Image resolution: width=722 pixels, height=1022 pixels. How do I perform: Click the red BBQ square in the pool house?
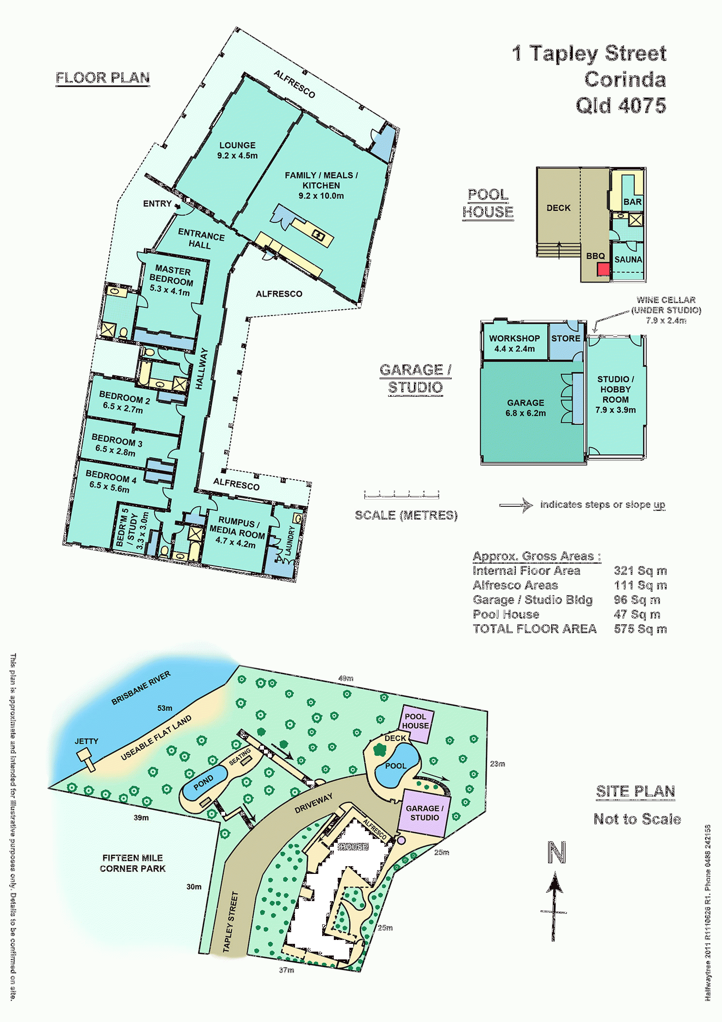(603, 269)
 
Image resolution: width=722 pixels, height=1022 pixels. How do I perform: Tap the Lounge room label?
(237, 150)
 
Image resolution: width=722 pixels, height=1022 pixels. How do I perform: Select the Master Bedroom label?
(171, 281)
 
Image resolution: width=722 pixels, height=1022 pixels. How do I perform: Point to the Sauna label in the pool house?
(628, 260)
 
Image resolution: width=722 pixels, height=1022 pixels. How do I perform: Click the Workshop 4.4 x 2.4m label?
(514, 343)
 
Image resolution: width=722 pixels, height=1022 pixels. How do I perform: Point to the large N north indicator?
(557, 853)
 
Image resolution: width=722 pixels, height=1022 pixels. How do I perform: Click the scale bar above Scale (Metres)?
(402, 495)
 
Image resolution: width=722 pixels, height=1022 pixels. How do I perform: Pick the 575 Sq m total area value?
(640, 629)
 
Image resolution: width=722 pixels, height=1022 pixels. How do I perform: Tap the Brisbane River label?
(141, 687)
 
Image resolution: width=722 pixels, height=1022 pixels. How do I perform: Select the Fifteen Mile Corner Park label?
(132, 863)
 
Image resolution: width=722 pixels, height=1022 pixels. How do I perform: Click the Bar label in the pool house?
(632, 202)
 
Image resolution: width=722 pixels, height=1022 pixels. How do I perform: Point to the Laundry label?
(290, 541)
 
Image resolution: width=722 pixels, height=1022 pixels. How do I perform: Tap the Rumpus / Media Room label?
(237, 533)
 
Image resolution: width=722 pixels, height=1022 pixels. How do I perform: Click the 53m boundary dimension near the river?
(164, 708)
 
